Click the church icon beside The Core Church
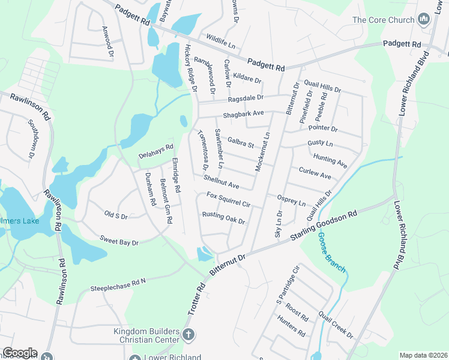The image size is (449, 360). tap(424, 20)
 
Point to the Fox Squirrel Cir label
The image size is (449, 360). tap(228, 200)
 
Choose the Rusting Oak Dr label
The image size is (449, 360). tap(224, 218)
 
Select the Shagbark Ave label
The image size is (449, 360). tap(244, 113)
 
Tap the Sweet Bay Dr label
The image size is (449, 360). tap(119, 241)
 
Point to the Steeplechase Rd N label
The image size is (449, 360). tap(118, 284)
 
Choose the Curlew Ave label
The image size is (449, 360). tap(315, 173)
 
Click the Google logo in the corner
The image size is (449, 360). tap(20, 353)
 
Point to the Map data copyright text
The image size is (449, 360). tap(423, 355)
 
